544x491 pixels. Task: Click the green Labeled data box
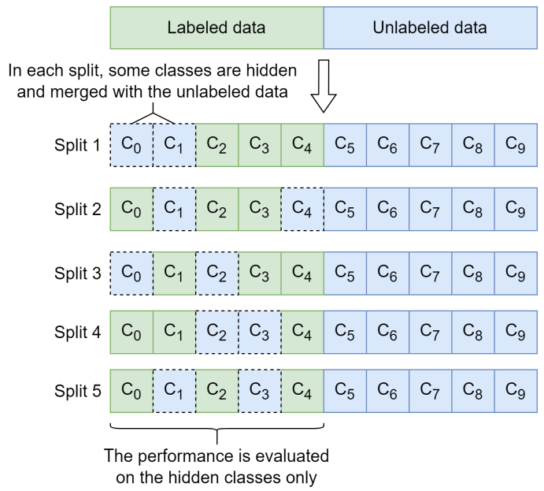click(x=216, y=28)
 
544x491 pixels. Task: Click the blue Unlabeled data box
click(x=430, y=28)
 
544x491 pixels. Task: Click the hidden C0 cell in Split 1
click(x=131, y=145)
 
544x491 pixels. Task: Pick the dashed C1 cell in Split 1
click(x=174, y=145)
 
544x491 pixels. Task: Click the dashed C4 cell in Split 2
click(x=302, y=209)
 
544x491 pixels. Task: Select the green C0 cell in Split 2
click(x=131, y=209)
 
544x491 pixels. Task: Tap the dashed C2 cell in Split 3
click(x=216, y=273)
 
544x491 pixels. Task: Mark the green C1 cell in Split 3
click(x=174, y=273)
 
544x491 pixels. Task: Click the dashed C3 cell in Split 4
click(x=259, y=332)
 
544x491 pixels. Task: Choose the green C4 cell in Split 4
click(x=302, y=332)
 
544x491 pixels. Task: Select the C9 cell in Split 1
click(x=515, y=145)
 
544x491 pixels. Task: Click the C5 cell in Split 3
click(x=345, y=273)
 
